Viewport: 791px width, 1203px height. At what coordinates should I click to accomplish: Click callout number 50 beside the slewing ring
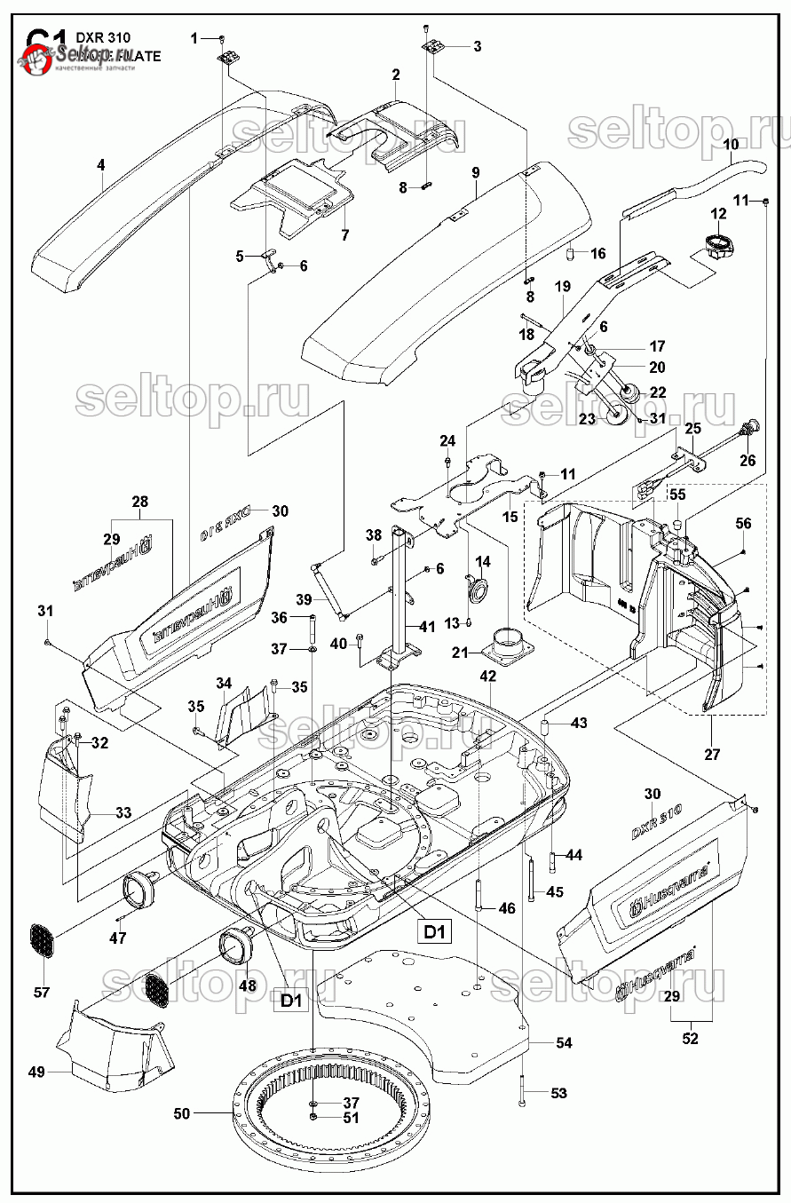182,1112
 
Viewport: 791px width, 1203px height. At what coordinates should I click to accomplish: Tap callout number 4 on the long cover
101,164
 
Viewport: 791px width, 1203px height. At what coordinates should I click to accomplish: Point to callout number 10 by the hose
732,144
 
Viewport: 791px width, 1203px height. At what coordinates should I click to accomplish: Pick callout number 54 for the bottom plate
564,1043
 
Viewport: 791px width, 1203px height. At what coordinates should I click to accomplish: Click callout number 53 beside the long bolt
558,1094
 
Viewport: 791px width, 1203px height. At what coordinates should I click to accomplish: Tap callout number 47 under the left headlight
118,938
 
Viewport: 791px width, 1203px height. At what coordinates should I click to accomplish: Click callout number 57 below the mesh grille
42,992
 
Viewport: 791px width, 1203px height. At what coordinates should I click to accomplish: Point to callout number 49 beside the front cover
36,1072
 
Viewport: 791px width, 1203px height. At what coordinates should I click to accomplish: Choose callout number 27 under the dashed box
712,755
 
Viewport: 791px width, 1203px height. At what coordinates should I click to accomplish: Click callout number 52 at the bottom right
690,1039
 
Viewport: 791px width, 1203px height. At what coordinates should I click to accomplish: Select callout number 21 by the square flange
460,653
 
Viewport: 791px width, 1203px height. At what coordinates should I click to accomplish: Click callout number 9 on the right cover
476,171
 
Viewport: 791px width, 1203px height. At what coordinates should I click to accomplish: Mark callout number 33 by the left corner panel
123,812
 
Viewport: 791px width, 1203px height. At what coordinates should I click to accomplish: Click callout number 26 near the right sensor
747,460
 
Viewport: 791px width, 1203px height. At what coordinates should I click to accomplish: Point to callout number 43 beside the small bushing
579,724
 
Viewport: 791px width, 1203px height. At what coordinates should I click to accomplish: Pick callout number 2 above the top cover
396,75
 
